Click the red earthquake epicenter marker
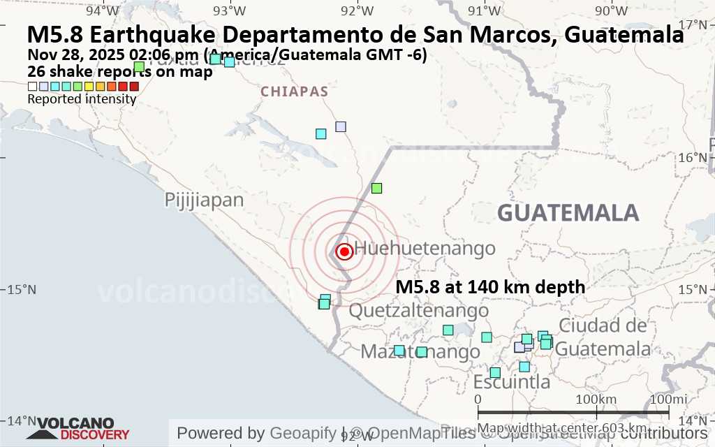(344, 251)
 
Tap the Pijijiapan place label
(205, 200)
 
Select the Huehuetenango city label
(425, 248)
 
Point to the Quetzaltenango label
(418, 310)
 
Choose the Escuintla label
(512, 382)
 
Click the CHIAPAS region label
(294, 91)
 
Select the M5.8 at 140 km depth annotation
(490, 286)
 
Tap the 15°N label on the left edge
(22, 290)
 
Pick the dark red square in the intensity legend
(134, 87)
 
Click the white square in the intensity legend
(32, 87)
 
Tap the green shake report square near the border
(377, 188)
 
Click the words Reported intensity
(82, 99)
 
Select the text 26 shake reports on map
(119, 71)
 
